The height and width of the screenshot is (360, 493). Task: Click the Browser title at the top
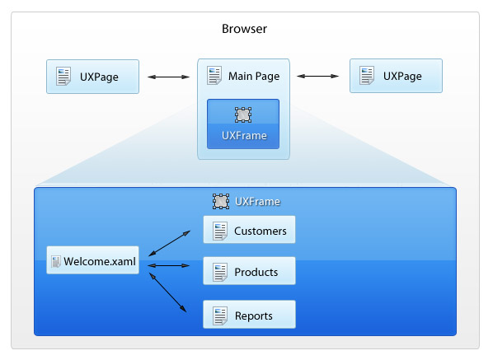coord(244,29)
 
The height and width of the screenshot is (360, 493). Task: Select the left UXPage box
coord(93,77)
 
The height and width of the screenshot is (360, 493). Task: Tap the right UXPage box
coord(396,76)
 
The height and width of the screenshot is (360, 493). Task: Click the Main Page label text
coord(254,76)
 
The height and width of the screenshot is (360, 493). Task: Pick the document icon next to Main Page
coord(214,76)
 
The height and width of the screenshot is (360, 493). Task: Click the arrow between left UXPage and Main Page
coord(168,77)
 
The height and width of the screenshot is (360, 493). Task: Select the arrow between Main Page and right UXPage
coord(318,76)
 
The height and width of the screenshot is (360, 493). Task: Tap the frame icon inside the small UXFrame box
coord(243,115)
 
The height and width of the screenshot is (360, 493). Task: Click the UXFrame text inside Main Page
coord(244,135)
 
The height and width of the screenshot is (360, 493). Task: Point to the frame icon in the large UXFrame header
coord(221,201)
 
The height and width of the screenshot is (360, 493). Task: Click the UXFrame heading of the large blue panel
coord(257,201)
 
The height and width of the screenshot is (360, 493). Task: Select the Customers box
coord(249,230)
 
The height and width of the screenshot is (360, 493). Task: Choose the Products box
coord(249,271)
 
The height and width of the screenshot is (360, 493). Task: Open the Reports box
coord(249,315)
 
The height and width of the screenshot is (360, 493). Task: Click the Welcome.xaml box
coord(93,260)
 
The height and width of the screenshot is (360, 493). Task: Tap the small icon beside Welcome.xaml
coord(56,262)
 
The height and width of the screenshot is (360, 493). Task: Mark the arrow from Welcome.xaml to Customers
coord(170,243)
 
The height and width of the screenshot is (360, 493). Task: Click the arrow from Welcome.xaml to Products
coord(168,266)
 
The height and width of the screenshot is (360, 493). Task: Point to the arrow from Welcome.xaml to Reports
coord(167,292)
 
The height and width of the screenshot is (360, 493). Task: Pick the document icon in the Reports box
coord(220,316)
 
